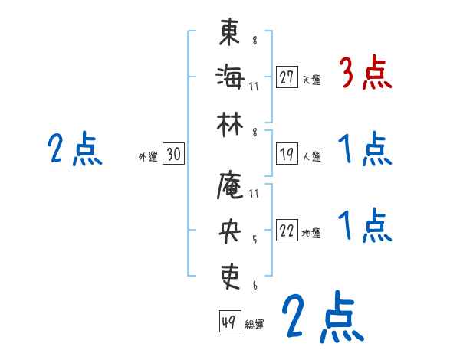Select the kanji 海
230,77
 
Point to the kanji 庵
230,185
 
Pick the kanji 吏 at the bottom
230,274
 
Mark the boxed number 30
173,155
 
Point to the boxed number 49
228,322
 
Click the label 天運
311,80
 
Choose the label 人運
311,157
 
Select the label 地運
311,234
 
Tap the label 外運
147,157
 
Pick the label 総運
255,324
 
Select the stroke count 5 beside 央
254,239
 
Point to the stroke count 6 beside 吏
254,285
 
